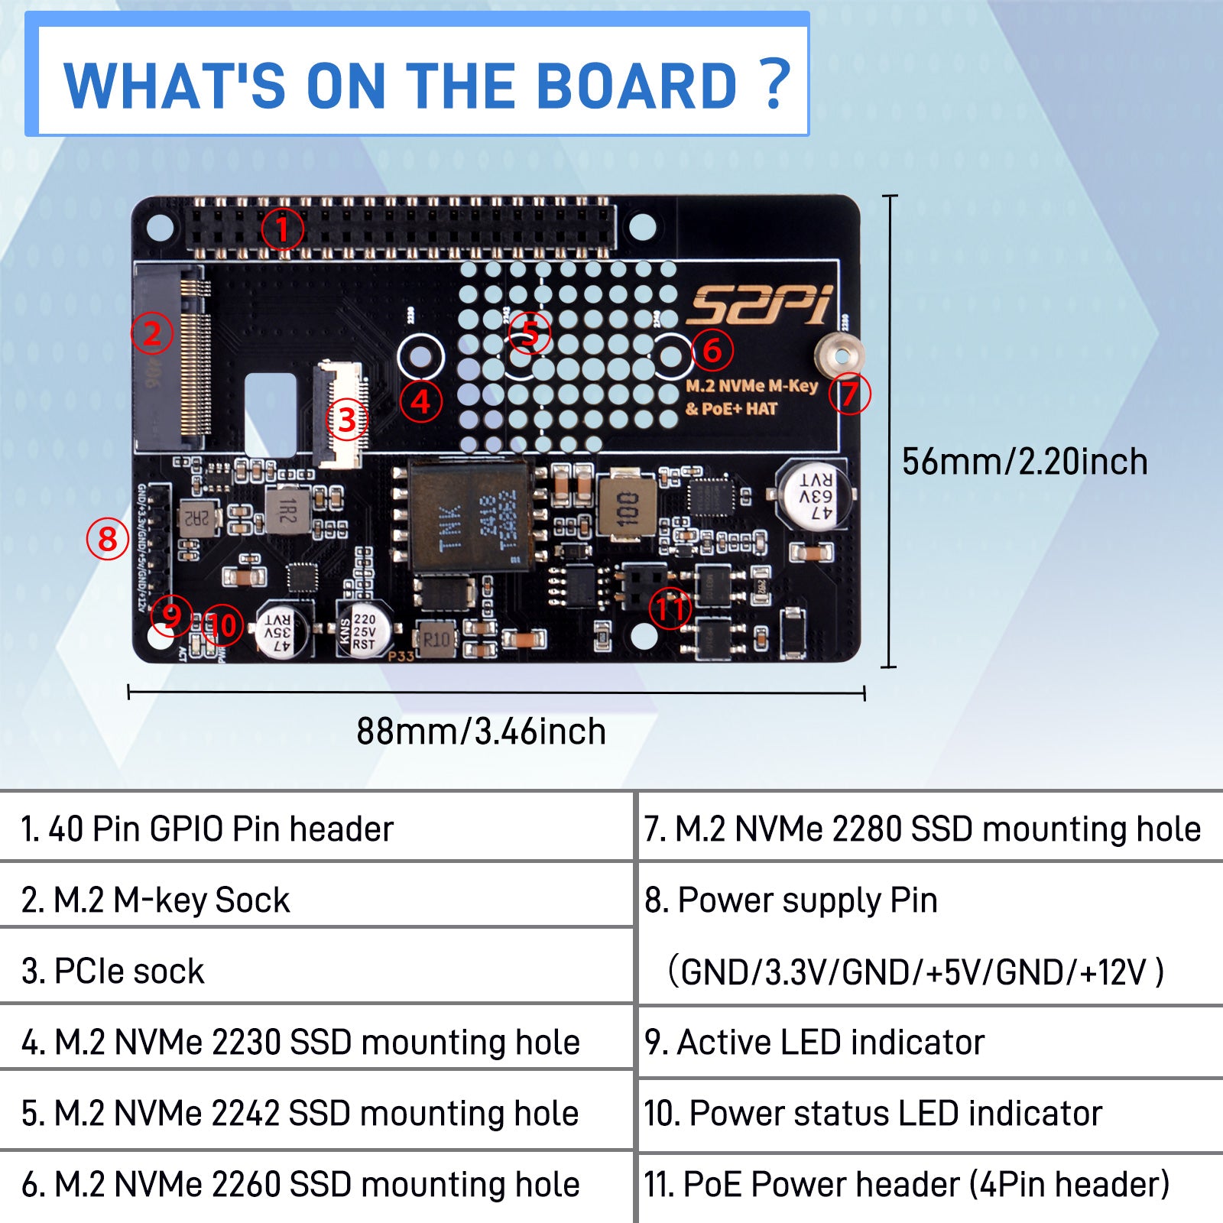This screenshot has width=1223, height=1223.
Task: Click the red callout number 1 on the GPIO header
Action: click(282, 229)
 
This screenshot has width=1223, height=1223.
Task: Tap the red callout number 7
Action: click(849, 394)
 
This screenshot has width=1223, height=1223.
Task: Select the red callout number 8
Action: click(107, 539)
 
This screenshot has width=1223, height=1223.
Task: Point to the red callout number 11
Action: click(670, 608)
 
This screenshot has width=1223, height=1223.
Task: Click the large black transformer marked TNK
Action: click(469, 517)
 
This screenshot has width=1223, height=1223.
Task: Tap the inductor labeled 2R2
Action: click(197, 518)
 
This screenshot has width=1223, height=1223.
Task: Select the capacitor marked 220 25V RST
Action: click(364, 631)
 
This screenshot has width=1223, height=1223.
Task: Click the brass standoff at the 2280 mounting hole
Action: click(840, 356)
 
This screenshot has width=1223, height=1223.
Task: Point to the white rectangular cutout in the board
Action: click(270, 414)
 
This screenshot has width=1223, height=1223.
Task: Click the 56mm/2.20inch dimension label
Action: click(1024, 462)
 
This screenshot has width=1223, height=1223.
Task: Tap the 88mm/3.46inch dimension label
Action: click(481, 732)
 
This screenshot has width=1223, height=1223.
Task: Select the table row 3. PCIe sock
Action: click(113, 971)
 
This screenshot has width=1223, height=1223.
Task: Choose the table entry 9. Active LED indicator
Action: click(814, 1043)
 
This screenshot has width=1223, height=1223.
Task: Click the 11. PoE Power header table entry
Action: click(907, 1184)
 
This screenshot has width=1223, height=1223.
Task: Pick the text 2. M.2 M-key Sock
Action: click(156, 900)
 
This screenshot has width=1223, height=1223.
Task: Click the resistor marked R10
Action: click(436, 639)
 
